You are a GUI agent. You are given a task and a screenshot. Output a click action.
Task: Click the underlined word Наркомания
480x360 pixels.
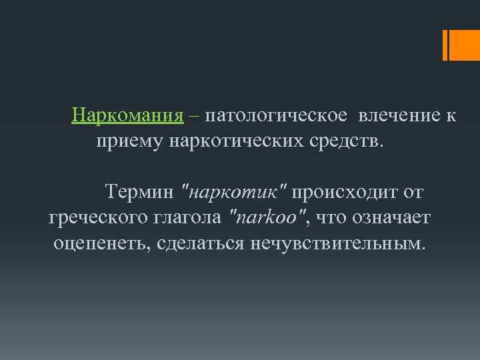click(127, 115)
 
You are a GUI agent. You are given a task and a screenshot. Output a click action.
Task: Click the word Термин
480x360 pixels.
click(140, 193)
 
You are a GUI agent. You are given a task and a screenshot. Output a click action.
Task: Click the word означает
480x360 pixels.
click(391, 217)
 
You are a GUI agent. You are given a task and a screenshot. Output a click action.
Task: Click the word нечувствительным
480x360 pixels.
click(337, 241)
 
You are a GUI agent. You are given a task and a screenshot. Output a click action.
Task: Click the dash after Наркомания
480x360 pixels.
click(193, 115)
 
